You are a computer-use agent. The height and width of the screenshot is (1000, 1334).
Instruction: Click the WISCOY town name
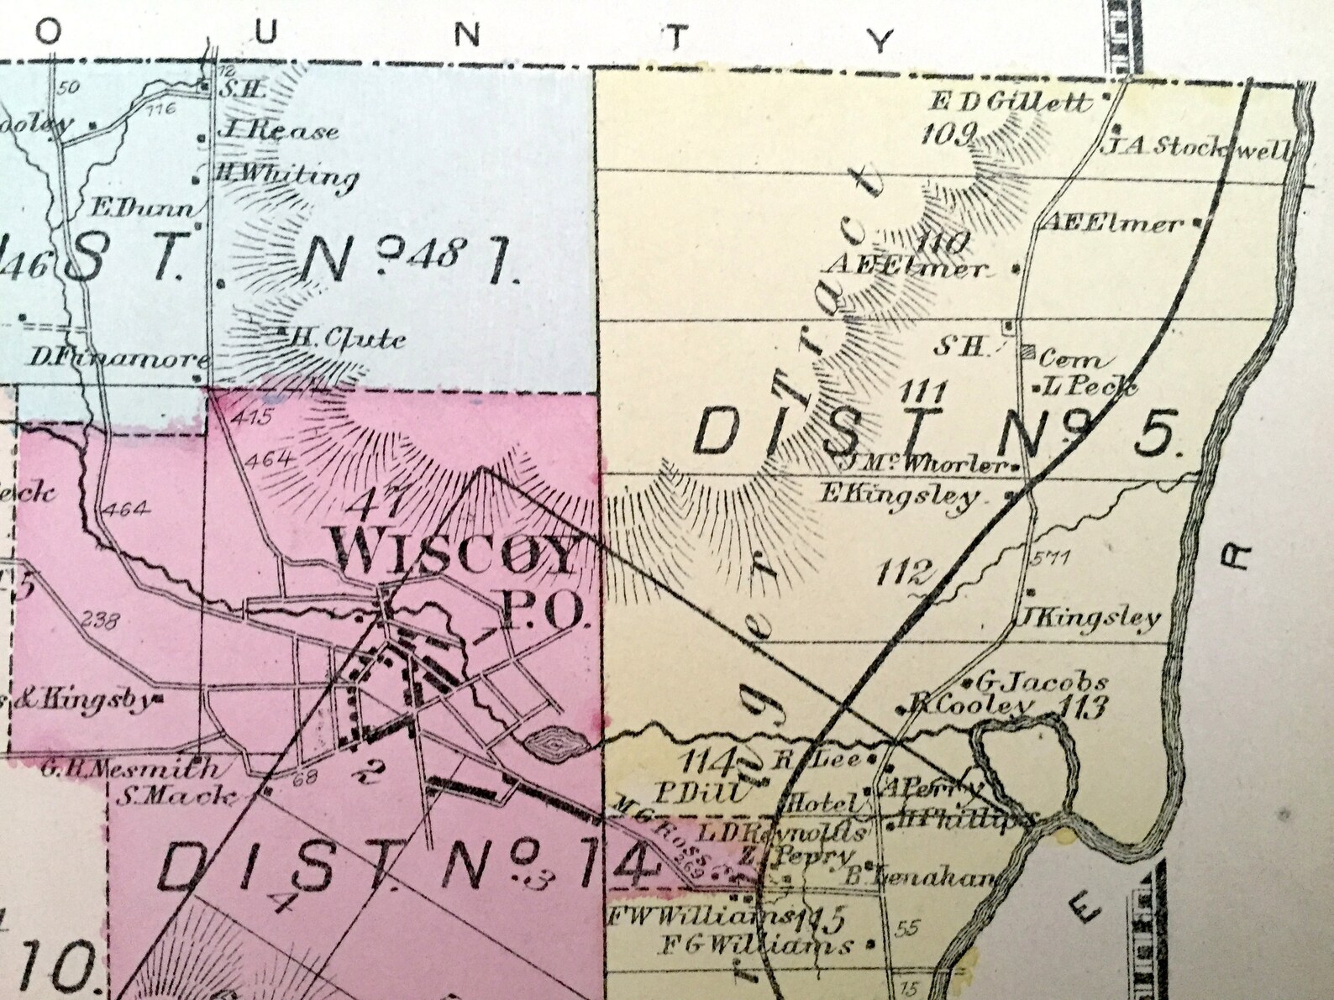click(457, 554)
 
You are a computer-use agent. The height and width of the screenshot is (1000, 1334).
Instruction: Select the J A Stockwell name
click(1200, 149)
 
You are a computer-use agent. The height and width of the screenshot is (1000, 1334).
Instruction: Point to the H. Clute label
click(346, 339)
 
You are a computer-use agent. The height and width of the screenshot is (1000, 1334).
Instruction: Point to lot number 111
click(924, 390)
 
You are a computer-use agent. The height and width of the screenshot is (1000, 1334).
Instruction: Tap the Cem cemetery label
click(1070, 360)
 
